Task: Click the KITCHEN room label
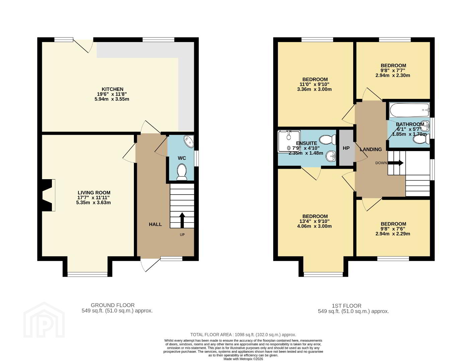point(112,89)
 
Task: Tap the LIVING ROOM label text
point(94,193)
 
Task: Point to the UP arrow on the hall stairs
point(182,220)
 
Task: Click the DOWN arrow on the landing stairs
point(396,163)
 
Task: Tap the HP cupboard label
point(346,148)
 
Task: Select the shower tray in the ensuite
point(289,141)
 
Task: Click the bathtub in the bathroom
point(409,110)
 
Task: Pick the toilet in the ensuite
point(327,140)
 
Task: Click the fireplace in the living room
point(48,195)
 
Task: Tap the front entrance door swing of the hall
point(150,265)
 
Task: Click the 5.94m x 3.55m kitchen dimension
point(112,99)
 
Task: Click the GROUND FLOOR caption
point(112,305)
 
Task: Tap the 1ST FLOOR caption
point(346,306)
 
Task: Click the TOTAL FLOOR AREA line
point(243,335)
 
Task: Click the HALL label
point(155,224)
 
